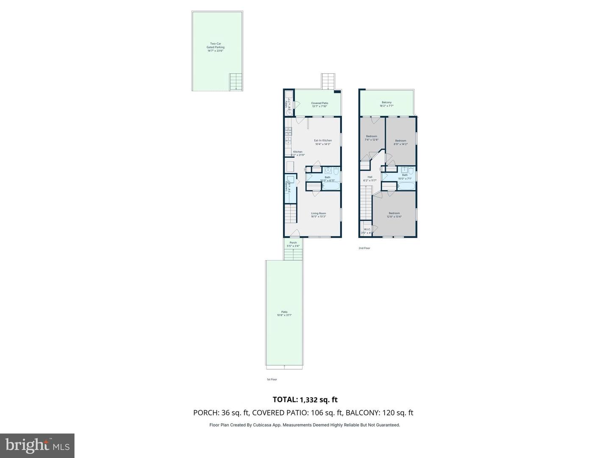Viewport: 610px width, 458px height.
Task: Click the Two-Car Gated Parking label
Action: [215, 47]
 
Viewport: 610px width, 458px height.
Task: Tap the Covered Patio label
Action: [319, 104]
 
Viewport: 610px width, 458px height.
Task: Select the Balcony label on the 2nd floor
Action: [386, 104]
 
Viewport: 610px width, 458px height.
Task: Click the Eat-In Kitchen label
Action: [322, 142]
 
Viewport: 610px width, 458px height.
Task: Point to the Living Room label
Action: [318, 215]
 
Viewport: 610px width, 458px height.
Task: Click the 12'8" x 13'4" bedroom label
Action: [394, 215]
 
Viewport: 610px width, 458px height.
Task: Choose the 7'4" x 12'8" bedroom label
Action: [372, 138]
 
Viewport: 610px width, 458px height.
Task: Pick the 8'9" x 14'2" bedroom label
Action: [400, 142]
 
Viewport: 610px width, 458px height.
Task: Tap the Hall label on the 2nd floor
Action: [370, 179]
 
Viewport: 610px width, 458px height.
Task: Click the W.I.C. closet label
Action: [367, 231]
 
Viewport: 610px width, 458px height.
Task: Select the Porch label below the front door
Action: [293, 244]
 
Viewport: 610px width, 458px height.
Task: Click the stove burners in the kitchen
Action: [288, 131]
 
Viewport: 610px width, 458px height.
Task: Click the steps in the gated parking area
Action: [235, 81]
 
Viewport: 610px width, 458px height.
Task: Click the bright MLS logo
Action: [37, 445]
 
